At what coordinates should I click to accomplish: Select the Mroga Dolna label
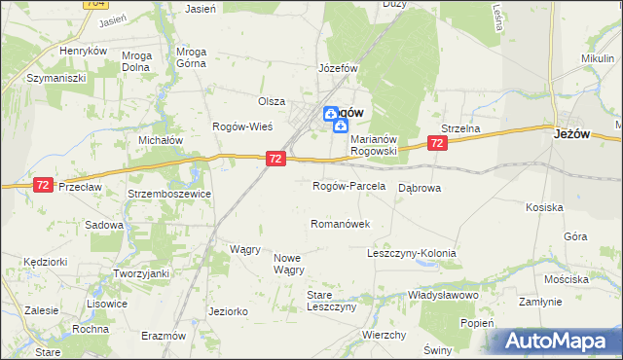tap(136, 61)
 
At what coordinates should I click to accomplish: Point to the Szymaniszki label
tap(56, 77)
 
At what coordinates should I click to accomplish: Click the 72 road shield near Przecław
tap(43, 185)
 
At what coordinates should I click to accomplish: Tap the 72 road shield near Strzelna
tap(436, 143)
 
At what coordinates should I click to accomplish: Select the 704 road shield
tap(95, 4)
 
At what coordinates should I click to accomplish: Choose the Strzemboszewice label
tap(170, 195)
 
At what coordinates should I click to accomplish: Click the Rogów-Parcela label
tap(348, 186)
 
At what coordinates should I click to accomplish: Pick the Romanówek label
tap(340, 224)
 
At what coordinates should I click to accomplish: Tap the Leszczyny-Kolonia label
tap(411, 253)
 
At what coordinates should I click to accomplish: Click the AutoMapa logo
tap(555, 341)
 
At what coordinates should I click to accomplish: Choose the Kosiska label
tap(544, 207)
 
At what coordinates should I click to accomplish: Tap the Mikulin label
tap(598, 59)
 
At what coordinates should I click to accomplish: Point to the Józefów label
tap(339, 69)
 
